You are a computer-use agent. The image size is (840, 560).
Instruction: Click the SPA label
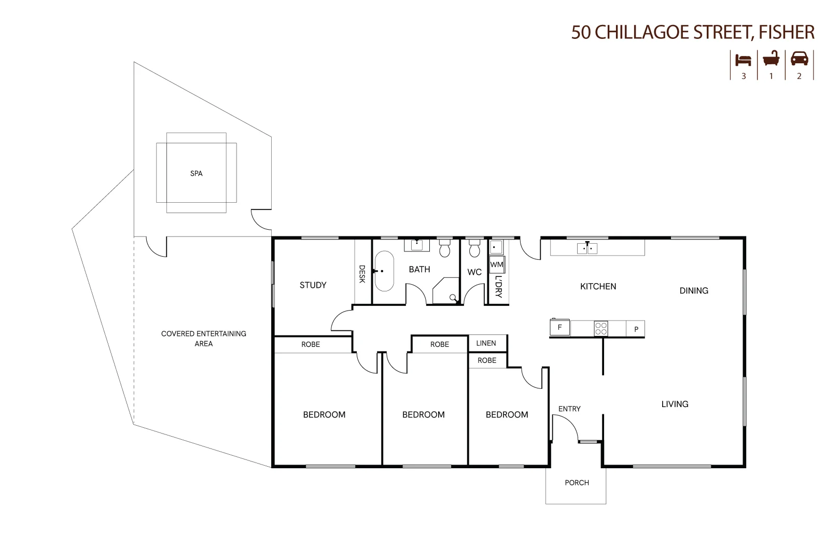196,173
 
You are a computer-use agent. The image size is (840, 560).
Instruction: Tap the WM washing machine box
497,264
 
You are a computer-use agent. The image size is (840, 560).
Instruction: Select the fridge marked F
559,327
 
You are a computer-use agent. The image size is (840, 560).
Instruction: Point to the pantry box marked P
636,329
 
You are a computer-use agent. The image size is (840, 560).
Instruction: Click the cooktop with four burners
601,329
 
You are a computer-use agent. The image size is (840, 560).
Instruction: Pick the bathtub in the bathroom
384,271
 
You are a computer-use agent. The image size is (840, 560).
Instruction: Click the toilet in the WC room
474,248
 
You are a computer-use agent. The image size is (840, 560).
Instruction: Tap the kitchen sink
587,248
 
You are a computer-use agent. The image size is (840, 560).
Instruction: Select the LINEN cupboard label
486,343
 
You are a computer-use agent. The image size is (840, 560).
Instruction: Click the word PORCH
577,483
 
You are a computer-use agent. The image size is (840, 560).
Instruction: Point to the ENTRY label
569,409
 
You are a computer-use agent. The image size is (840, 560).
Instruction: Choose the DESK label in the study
362,274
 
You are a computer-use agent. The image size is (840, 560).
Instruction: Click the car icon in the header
799,59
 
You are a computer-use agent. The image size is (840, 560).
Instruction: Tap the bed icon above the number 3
743,60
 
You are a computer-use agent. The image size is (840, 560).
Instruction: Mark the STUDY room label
313,285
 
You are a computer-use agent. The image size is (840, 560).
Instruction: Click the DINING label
694,291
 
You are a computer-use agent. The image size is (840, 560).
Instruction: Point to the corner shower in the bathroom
446,291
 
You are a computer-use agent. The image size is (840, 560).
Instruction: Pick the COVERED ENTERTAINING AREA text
204,338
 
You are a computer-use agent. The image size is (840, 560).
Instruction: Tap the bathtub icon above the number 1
771,59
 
